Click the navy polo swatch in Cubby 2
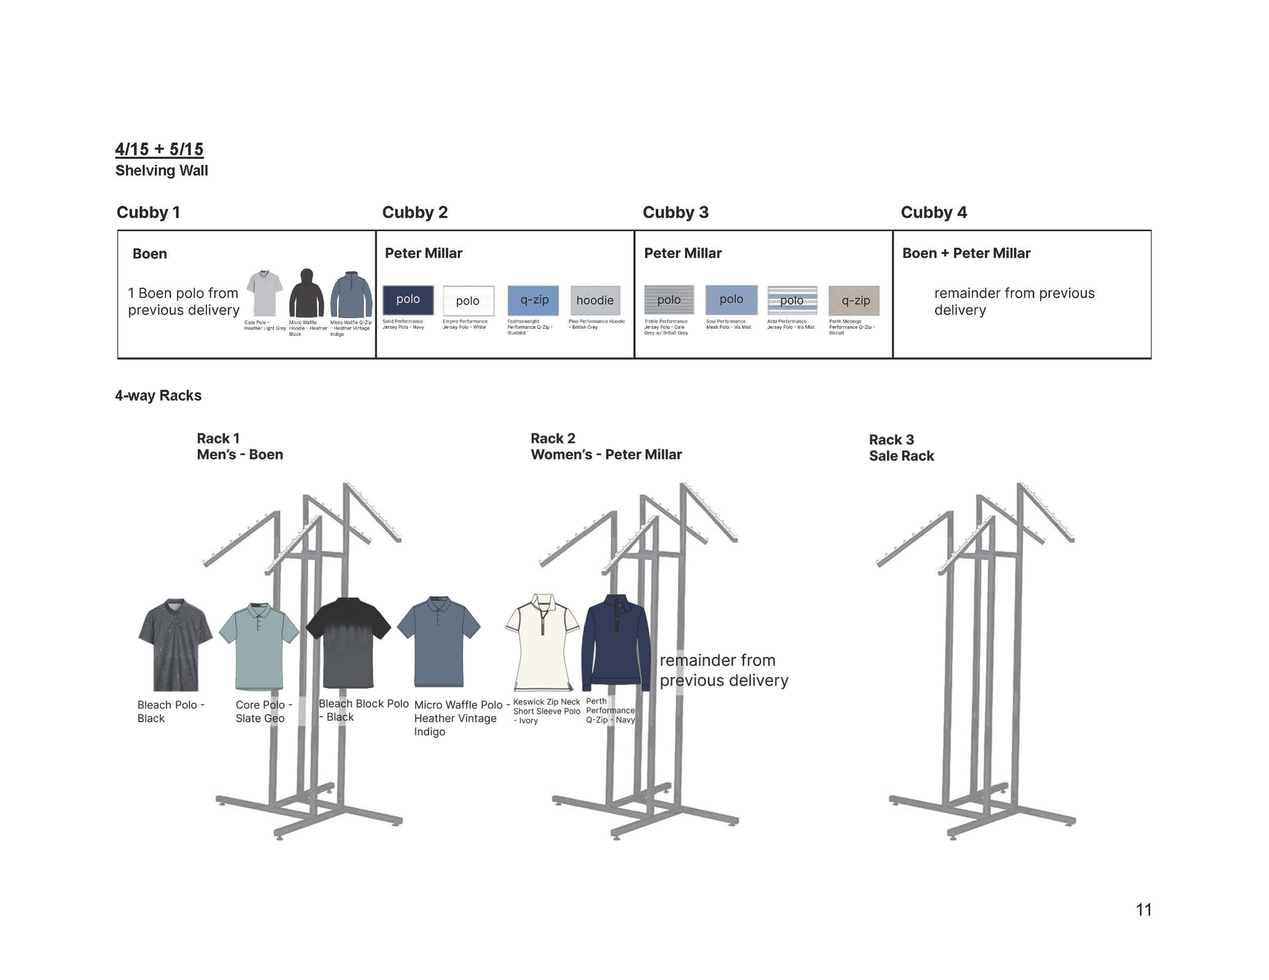[408, 300]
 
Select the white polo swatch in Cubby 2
[469, 300]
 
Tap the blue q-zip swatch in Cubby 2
[533, 300]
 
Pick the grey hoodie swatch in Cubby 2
[595, 300]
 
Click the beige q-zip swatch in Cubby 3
[854, 300]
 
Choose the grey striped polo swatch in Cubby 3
[669, 300]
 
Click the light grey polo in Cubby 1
[264, 293]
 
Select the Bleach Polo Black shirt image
[175, 644]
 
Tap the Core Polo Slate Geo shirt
[259, 646]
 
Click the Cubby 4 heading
[933, 213]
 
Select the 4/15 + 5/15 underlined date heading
[159, 149]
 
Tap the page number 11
[1143, 909]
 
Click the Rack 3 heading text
[891, 439]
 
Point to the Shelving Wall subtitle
[161, 170]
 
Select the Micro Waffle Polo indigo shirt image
[439, 642]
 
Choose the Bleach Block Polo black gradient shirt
[348, 642]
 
